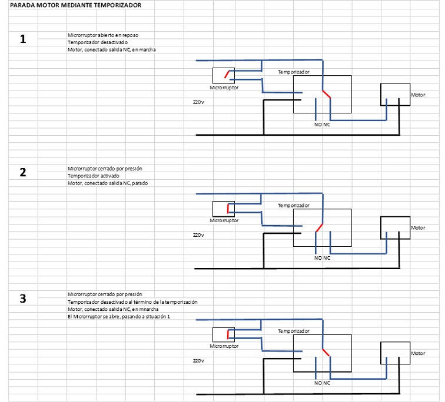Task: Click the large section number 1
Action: (23, 40)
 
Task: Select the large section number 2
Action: (23, 173)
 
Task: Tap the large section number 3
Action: (23, 298)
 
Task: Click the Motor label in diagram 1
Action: (418, 95)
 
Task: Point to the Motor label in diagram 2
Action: (418, 227)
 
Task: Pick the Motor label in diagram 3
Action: (418, 353)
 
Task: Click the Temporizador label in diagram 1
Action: (294, 72)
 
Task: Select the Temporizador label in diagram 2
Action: (294, 205)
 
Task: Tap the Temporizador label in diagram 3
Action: (294, 331)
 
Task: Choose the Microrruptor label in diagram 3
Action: (224, 346)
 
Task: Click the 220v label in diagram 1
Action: (198, 102)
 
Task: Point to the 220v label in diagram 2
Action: (198, 235)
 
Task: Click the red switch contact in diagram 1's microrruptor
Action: (228, 74)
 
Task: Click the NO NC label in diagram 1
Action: (322, 125)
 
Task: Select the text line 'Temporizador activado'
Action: (93, 176)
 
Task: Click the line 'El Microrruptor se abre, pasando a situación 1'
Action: (115, 317)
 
